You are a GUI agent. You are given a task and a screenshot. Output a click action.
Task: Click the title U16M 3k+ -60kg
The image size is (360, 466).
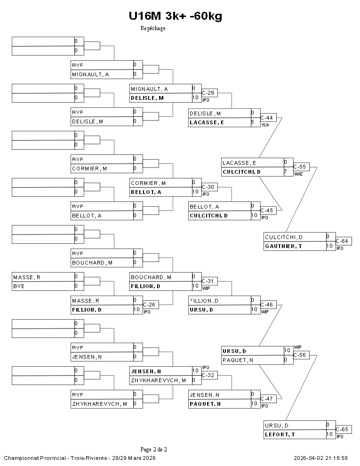coord(175,16)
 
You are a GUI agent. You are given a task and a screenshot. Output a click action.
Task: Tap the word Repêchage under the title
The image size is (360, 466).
coord(153,28)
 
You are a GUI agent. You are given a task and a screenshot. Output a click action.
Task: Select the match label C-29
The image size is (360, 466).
coord(208,93)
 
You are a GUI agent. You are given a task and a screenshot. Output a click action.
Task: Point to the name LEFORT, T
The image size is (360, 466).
coord(280,434)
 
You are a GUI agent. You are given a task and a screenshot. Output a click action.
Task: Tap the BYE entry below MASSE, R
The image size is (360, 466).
coord(19,286)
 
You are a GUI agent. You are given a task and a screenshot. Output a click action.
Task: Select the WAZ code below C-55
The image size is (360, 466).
coord(298,174)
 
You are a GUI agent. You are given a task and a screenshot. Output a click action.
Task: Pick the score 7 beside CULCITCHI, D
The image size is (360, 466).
coord(285,172)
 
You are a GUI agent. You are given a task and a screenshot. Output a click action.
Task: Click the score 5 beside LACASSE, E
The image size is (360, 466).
coord(253,122)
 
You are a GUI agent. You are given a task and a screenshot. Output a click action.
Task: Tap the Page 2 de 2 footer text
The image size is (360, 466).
coord(153,449)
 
